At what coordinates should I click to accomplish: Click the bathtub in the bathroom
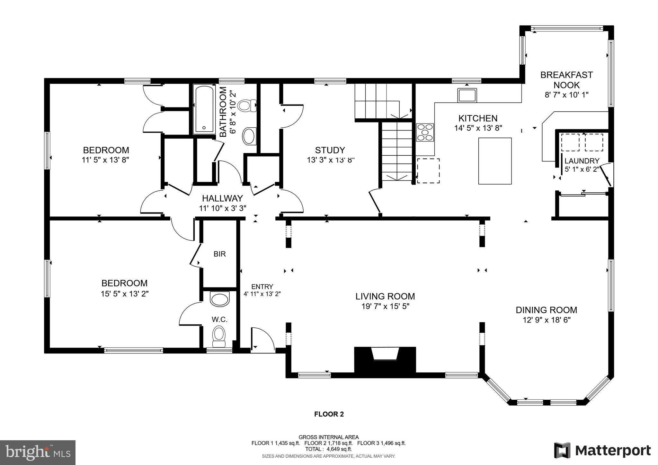tap(203, 109)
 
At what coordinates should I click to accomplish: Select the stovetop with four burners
tap(425, 132)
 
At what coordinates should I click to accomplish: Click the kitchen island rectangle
tap(495, 161)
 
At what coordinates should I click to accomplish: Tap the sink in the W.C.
tap(220, 299)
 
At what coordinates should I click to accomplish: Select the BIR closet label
tap(220, 254)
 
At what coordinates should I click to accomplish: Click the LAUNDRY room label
tap(582, 161)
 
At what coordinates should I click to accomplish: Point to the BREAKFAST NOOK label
tap(566, 80)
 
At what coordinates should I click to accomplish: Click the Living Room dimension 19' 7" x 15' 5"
tap(385, 306)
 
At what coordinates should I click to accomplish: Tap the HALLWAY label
tap(222, 198)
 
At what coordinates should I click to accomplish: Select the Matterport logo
tap(602, 451)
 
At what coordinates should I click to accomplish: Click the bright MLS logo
tap(38, 452)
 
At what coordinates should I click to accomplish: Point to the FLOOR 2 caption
tap(329, 414)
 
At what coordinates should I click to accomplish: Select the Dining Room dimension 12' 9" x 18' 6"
tap(546, 320)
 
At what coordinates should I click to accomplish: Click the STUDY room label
tap(330, 150)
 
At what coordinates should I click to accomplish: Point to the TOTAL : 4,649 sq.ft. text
tap(328, 449)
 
